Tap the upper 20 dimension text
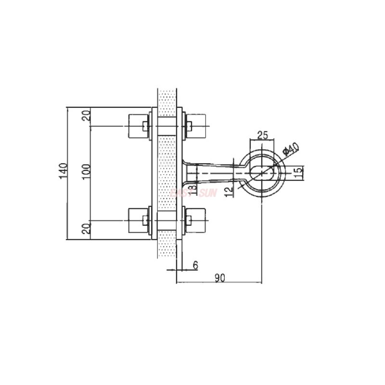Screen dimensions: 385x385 (86, 116)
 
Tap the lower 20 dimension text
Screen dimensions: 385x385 (86, 229)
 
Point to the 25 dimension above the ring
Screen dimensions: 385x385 (262, 135)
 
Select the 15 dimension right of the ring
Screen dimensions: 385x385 (298, 171)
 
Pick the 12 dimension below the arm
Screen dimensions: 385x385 (230, 188)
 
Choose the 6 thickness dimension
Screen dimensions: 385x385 (195, 264)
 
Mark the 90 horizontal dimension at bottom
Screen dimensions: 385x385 (220, 277)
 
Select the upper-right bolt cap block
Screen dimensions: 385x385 (198, 127)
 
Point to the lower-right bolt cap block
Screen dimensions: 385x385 (198, 220)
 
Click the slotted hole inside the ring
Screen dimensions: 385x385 (262, 172)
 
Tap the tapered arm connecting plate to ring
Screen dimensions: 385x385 (212, 172)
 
